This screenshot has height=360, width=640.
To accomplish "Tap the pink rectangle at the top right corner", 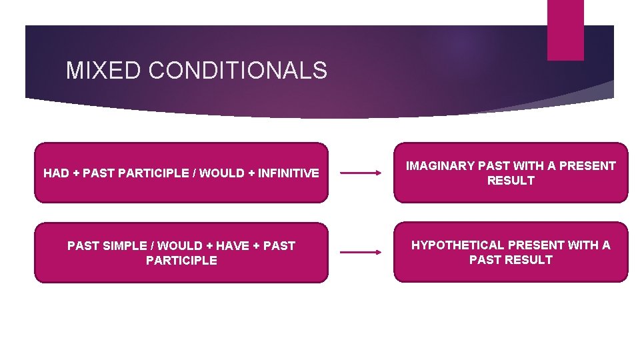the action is coord(565,30).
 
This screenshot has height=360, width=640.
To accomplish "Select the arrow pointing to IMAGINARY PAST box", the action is coord(361,173).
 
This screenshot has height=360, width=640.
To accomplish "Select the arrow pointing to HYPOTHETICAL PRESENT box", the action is coord(361,252).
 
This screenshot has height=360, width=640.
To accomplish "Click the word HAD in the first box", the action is coord(57,173).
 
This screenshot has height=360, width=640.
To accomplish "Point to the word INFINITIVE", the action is coord(288,173).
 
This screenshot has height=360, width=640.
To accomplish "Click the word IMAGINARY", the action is coord(441,166).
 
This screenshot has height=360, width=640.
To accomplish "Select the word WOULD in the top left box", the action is coord(223,173).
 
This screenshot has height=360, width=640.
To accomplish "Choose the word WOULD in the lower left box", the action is coord(181,246).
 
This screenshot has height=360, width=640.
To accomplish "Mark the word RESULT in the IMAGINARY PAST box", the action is coord(511,181).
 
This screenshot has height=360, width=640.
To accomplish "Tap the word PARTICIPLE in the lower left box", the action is coord(181,261).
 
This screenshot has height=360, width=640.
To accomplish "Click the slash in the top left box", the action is coord(194,173).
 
